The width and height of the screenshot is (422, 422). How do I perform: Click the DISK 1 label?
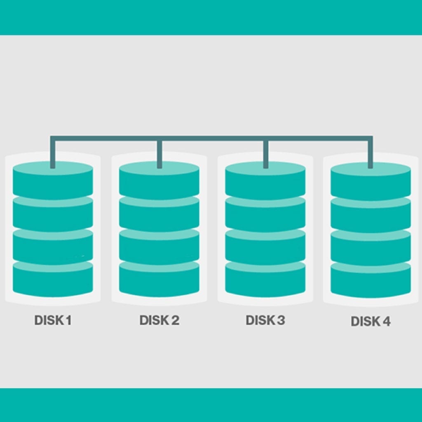click(x=53, y=320)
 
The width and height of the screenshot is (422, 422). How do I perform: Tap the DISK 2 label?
click(x=159, y=320)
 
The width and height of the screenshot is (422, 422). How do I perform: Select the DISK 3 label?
click(x=265, y=320)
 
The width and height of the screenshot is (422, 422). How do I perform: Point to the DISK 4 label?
click(x=370, y=321)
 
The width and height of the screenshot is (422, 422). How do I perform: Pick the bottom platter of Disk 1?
click(x=53, y=279)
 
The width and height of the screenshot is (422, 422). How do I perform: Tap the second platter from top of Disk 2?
click(x=159, y=213)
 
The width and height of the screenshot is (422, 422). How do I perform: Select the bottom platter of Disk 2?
click(x=159, y=279)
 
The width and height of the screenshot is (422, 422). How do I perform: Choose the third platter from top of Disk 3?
click(x=265, y=247)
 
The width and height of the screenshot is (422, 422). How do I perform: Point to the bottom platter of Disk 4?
click(x=370, y=280)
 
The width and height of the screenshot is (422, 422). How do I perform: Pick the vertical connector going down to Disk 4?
click(x=370, y=152)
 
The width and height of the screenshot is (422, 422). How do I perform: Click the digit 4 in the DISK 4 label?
click(x=386, y=321)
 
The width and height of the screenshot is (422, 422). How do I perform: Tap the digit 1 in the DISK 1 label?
click(x=69, y=320)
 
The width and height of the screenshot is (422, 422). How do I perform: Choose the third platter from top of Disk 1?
click(x=53, y=247)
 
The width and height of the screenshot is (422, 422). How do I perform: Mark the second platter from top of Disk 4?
click(x=370, y=214)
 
